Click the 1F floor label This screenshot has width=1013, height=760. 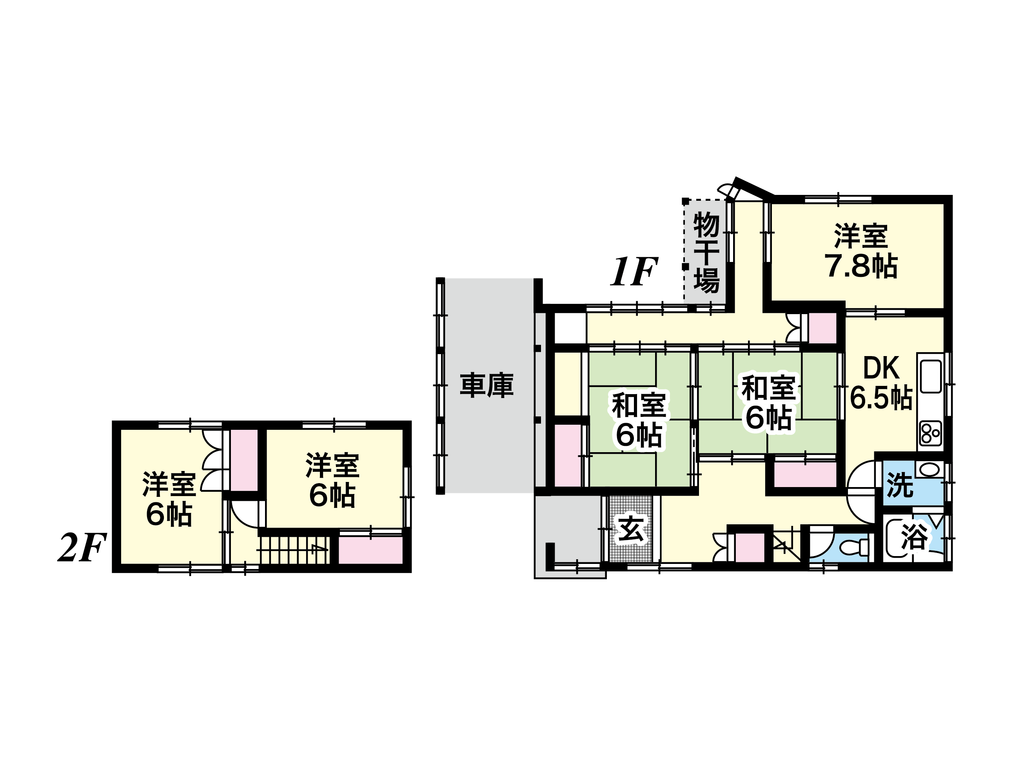pos(634,271)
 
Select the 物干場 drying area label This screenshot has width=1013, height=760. pos(706,253)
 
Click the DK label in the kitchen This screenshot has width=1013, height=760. pos(881,368)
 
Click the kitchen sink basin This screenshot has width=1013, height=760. pos(931,376)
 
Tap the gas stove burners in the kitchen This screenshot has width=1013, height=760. pos(930,433)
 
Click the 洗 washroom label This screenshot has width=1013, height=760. pos(900,485)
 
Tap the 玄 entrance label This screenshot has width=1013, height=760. pos(632,530)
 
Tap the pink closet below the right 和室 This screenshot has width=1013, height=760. pos(806,475)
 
